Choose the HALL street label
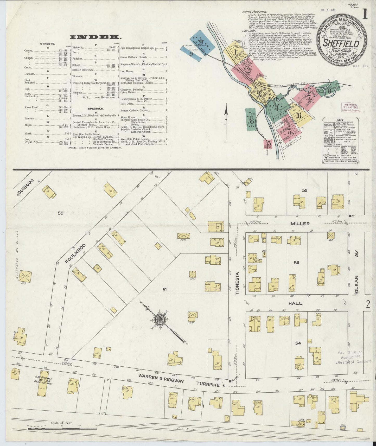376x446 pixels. click(x=295, y=303)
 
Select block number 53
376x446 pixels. click(x=296, y=263)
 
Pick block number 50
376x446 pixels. click(x=60, y=213)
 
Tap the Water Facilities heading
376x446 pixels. click(x=254, y=12)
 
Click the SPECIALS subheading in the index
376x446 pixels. click(x=95, y=109)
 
